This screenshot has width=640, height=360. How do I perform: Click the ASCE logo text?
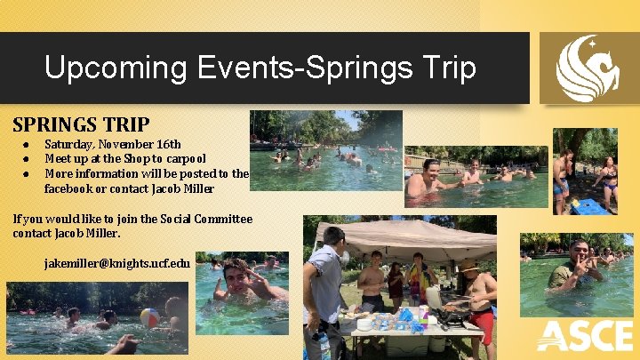(x=585, y=337)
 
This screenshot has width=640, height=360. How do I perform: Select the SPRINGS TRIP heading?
(x=81, y=124)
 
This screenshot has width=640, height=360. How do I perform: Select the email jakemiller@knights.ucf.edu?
(x=116, y=263)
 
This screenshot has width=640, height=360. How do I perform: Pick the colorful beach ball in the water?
(x=150, y=317)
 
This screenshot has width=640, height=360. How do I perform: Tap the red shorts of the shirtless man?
(x=483, y=325)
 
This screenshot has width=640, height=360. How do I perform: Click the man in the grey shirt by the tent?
(x=325, y=284)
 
